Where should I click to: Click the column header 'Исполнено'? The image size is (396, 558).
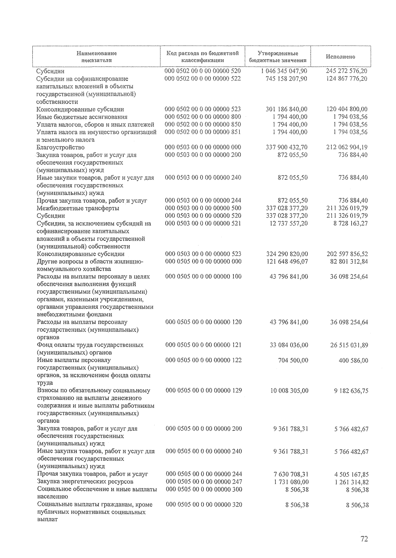pyautogui.click(x=340, y=57)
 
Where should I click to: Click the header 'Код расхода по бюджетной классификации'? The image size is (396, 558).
pyautogui.click(x=202, y=57)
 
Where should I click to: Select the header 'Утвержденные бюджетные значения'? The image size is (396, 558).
pyautogui.click(x=278, y=57)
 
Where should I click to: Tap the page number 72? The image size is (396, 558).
pyautogui.click(x=364, y=539)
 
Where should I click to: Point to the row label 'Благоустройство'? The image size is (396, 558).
pyautogui.click(x=60, y=147)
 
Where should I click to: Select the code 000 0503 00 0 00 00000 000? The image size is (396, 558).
pyautogui.click(x=203, y=147)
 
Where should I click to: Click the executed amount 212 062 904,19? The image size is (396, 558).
pyautogui.click(x=346, y=147)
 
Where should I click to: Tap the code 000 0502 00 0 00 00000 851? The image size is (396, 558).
pyautogui.click(x=203, y=132)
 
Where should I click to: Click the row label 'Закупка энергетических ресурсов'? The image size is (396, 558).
pyautogui.click(x=85, y=482)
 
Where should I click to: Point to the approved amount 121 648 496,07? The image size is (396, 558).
pyautogui.click(x=286, y=262)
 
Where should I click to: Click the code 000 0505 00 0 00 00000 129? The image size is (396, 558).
pyautogui.click(x=204, y=391)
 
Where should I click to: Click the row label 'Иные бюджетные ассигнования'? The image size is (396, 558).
pyautogui.click(x=82, y=117)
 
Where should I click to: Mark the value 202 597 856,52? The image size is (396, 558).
pyautogui.click(x=347, y=254)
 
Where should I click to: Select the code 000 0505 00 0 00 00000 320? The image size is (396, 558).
pyautogui.click(x=204, y=505)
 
